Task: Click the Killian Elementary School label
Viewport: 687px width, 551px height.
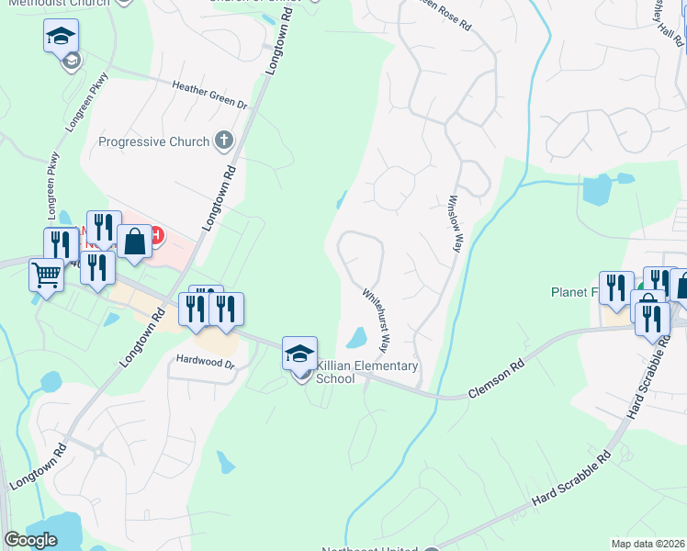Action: (x=367, y=372)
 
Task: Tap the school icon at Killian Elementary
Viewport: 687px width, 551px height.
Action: (x=300, y=354)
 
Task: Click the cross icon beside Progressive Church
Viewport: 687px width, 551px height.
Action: (x=222, y=141)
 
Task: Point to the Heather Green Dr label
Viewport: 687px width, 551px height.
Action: (x=210, y=96)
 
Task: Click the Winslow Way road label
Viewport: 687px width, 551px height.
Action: (x=454, y=222)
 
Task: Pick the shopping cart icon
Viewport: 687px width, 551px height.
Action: (x=47, y=275)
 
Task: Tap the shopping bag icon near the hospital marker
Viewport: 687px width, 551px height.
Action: (x=134, y=242)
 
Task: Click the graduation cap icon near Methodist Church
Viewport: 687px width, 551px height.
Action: (x=61, y=37)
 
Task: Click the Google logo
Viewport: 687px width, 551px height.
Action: (x=30, y=540)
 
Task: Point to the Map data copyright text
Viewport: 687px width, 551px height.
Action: (x=648, y=544)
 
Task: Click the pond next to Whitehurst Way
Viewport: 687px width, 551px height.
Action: (x=356, y=339)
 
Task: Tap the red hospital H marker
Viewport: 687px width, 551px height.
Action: (x=157, y=235)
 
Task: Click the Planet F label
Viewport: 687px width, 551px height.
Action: (x=573, y=292)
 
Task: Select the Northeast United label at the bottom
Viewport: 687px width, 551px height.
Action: (x=362, y=549)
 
